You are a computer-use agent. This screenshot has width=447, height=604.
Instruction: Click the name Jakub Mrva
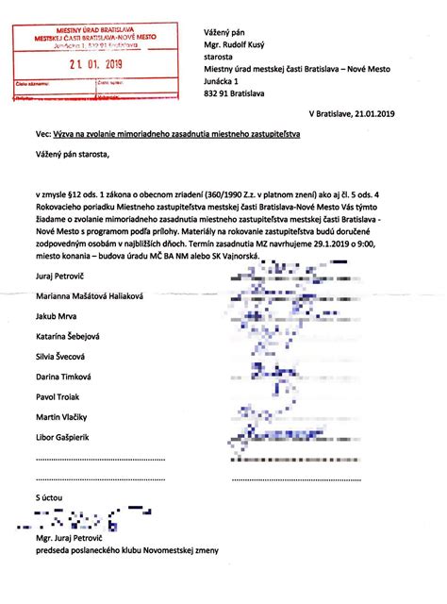point(56,316)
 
